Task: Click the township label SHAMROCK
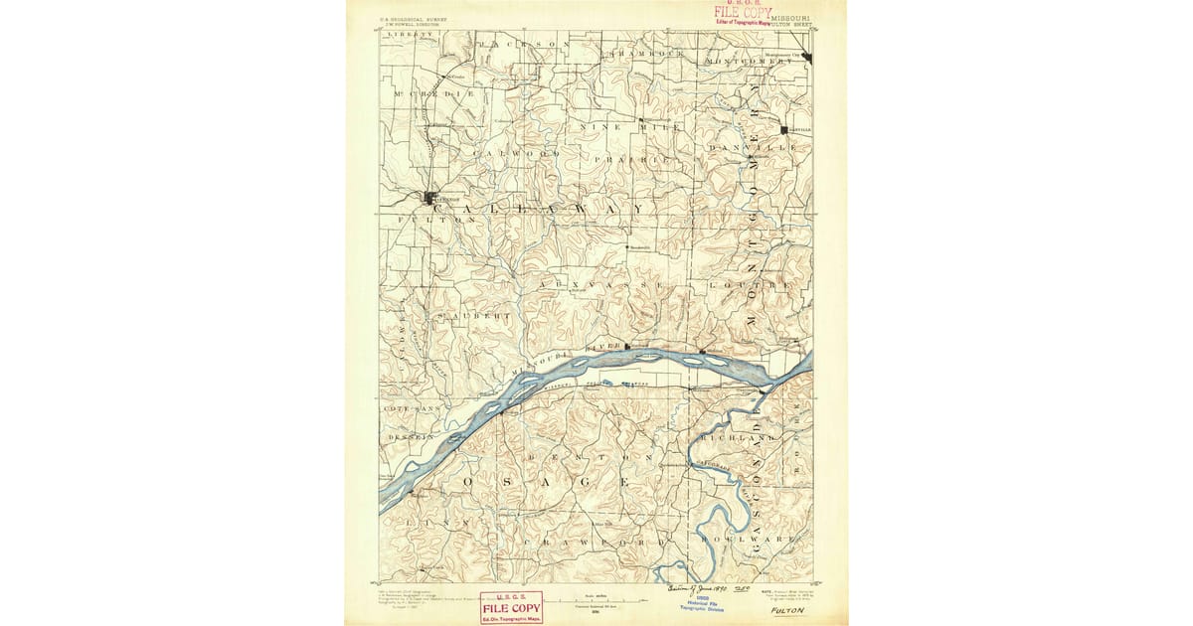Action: coord(647,53)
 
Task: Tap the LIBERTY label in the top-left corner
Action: coord(411,35)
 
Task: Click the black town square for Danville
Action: coord(784,130)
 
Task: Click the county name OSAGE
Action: coord(545,481)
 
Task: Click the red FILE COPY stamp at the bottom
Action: coord(511,605)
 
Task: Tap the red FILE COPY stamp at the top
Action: coord(741,13)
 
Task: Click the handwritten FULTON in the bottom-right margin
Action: coord(787,611)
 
